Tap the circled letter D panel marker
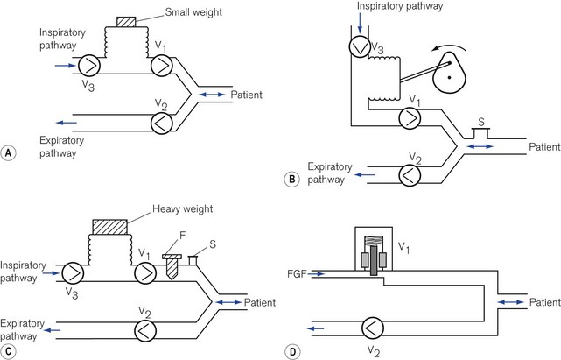pos(292,352)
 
